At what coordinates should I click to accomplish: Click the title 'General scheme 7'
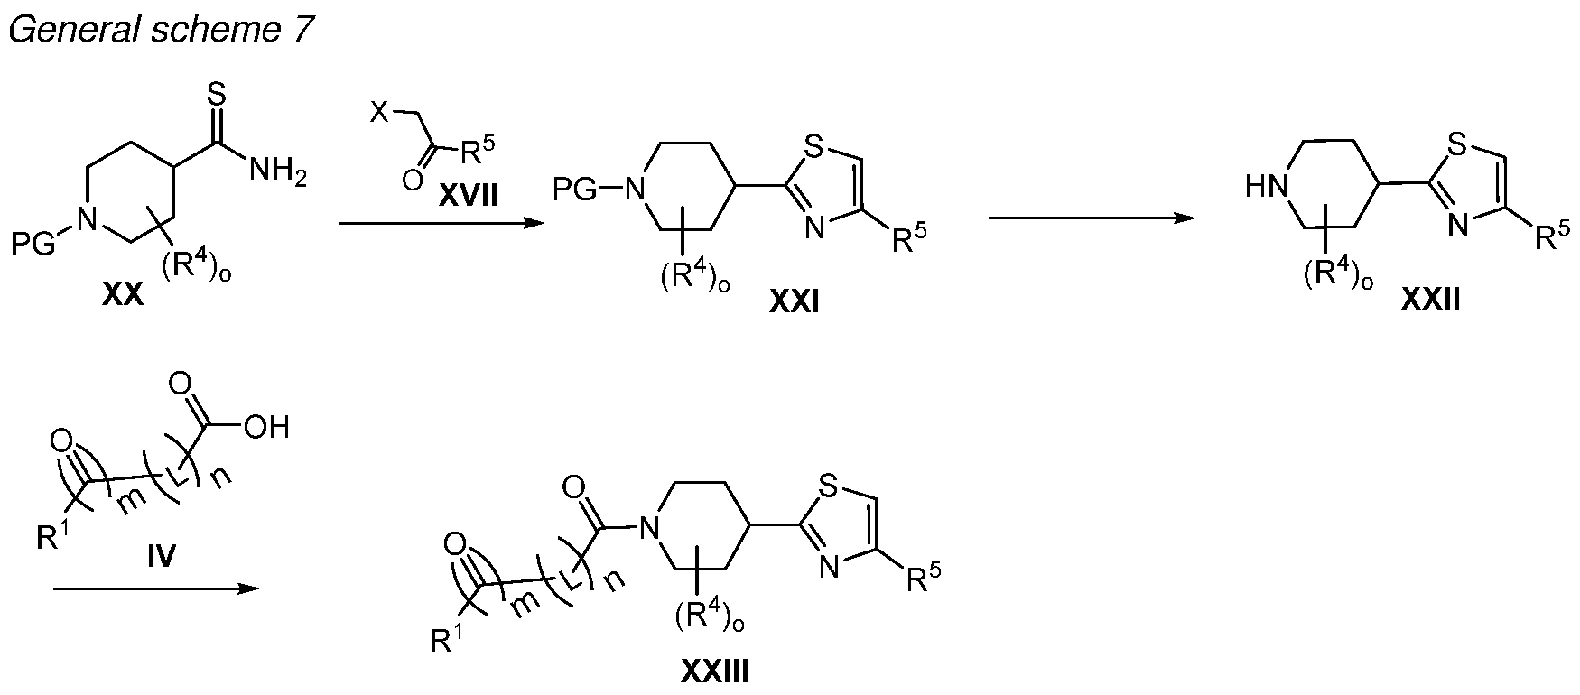(x=161, y=29)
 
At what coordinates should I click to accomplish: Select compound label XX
(x=123, y=295)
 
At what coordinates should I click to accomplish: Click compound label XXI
(x=795, y=305)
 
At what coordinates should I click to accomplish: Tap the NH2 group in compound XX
(x=277, y=169)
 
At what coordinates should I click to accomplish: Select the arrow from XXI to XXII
(x=1087, y=218)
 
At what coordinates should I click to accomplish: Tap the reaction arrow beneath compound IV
(x=156, y=588)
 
